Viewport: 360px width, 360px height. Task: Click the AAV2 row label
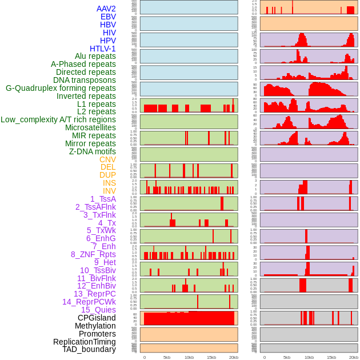click(106, 9)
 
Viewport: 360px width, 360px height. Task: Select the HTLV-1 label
click(102, 49)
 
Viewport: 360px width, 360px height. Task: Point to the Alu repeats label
click(95, 57)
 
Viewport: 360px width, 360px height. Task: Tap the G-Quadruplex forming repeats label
click(61, 88)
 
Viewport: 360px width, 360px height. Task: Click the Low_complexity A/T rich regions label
click(58, 119)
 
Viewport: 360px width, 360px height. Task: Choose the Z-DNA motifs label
click(92, 151)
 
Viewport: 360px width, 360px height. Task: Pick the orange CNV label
click(107, 159)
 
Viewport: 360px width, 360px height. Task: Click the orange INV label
click(109, 191)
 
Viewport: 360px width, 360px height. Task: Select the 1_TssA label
click(103, 199)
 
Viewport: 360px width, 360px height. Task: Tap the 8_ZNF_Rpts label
click(93, 254)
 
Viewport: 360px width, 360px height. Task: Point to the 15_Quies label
click(98, 310)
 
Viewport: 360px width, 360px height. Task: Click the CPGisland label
click(97, 318)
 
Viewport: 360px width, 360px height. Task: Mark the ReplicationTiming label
click(84, 342)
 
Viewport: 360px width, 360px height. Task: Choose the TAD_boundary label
click(89, 349)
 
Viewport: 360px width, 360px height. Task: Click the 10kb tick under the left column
click(189, 357)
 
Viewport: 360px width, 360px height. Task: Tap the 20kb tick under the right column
click(354, 357)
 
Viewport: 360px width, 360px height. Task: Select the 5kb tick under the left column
click(166, 357)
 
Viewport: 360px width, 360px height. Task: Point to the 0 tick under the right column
click(264, 357)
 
